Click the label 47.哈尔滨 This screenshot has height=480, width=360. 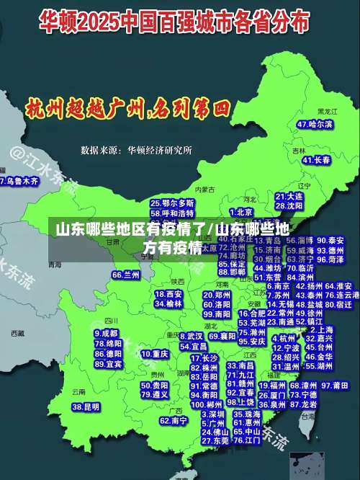tap(315, 124)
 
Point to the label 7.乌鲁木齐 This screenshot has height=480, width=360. tap(20, 182)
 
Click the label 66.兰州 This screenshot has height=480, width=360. tap(126, 275)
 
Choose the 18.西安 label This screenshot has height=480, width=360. tap(169, 294)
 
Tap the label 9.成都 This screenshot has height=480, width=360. tap(107, 334)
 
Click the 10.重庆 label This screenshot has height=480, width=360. tap(155, 354)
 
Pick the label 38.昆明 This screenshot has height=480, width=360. tap(86, 407)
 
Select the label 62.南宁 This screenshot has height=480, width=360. tap(174, 420)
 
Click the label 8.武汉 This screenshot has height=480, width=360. tap(191, 336)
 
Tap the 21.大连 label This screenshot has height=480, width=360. tap(289, 196)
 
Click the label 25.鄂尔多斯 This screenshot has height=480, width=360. tap(172, 203)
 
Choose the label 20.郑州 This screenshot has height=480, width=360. tap(217, 295)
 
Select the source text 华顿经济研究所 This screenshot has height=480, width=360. tap(159, 150)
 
